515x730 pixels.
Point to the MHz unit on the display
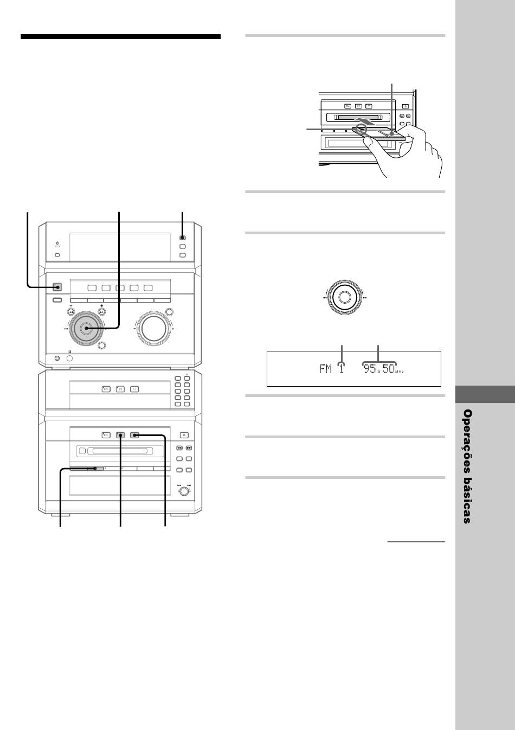(400, 372)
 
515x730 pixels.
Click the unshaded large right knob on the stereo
(153, 328)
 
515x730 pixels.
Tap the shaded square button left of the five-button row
(57, 287)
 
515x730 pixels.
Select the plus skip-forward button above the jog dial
(101, 312)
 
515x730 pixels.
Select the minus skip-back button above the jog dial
(71, 312)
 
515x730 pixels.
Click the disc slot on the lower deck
(120, 450)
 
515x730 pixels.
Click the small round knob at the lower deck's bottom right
(185, 491)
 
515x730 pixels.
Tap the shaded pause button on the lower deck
(120, 434)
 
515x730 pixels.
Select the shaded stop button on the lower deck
(134, 434)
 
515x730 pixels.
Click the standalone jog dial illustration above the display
(343, 296)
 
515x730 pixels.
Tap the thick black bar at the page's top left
(120, 37)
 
